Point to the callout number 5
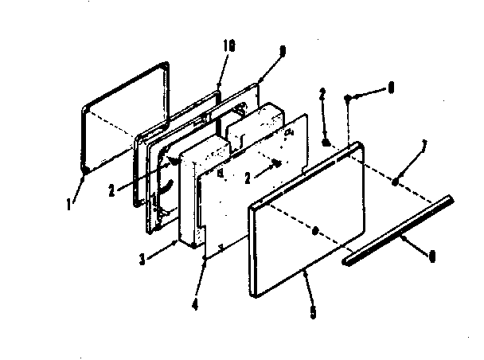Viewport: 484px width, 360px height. [311, 312]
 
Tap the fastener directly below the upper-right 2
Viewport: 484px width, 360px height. [326, 142]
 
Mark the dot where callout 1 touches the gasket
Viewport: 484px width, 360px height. [85, 171]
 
